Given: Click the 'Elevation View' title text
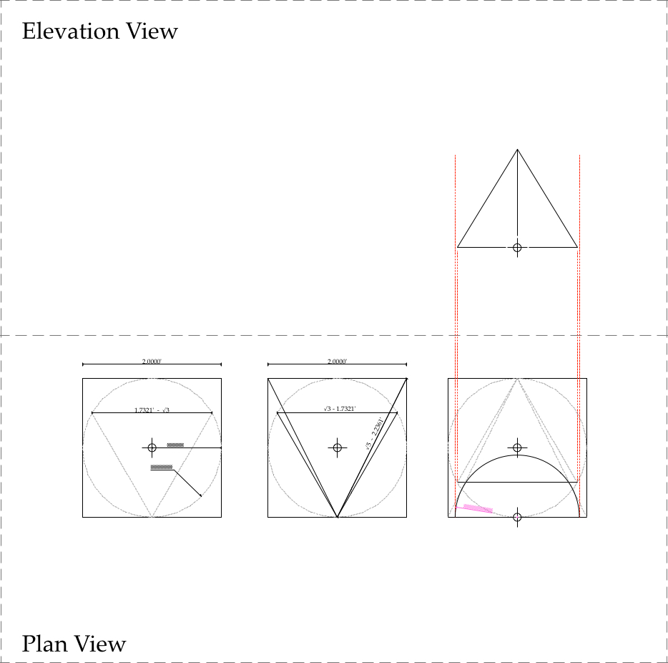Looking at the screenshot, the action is tap(99, 32).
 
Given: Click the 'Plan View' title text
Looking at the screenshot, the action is tap(74, 644).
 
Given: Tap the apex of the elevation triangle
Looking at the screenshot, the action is tap(517, 150).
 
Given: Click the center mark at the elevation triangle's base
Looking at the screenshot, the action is tap(517, 247).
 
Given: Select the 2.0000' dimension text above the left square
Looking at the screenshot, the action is tap(152, 362).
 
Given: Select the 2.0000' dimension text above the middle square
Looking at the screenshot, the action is tap(337, 362).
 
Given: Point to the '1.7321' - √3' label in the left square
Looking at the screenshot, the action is tap(152, 410).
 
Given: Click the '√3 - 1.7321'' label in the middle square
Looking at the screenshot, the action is tap(340, 409).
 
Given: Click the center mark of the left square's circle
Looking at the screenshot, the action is tap(152, 447).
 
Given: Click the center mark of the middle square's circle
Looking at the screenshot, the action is tap(338, 447).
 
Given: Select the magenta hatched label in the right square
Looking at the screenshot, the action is tap(478, 509).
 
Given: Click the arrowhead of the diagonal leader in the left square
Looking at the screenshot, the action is tap(200, 495).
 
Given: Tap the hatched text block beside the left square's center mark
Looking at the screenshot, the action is tap(175, 445).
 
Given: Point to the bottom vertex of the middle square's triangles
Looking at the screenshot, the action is tap(338, 516).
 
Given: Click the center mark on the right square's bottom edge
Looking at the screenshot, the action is tap(517, 516).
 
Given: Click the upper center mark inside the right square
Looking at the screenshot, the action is tap(517, 447).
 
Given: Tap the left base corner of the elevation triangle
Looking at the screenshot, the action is tap(458, 247).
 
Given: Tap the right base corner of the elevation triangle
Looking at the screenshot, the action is tap(577, 247).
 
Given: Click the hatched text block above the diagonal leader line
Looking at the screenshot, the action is tap(162, 467).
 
